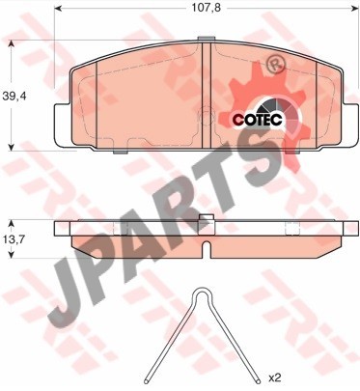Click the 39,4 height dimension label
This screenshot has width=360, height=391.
(x=14, y=96)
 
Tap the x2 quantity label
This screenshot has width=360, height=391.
(x=274, y=377)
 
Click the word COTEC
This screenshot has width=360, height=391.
(x=258, y=120)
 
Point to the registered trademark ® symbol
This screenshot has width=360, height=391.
(x=276, y=65)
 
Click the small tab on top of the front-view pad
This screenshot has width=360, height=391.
(x=206, y=39)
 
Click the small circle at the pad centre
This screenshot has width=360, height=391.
(x=206, y=114)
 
